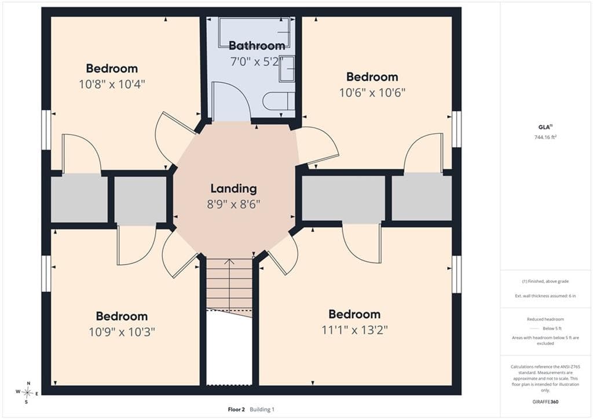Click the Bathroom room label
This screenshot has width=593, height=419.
(257, 45)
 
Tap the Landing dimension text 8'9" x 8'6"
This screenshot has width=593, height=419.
(233, 205)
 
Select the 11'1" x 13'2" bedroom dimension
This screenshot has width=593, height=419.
(354, 330)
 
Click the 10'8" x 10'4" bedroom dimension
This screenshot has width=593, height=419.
(112, 84)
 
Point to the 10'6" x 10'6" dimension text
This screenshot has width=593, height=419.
(372, 92)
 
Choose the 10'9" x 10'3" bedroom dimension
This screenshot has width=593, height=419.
(122, 332)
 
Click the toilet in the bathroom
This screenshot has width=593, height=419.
(279, 101)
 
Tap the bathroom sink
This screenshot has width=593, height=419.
(287, 68)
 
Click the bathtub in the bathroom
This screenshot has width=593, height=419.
(254, 32)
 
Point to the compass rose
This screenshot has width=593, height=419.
(27, 392)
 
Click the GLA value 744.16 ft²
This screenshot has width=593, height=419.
(546, 137)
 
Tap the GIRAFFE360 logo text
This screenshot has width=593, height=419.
(546, 402)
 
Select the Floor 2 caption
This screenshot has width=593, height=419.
(236, 409)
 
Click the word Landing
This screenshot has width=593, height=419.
(233, 188)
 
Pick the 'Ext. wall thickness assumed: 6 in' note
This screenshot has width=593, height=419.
(546, 296)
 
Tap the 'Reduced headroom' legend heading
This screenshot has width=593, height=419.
(546, 319)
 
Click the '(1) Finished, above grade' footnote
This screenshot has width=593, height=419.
(546, 281)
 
